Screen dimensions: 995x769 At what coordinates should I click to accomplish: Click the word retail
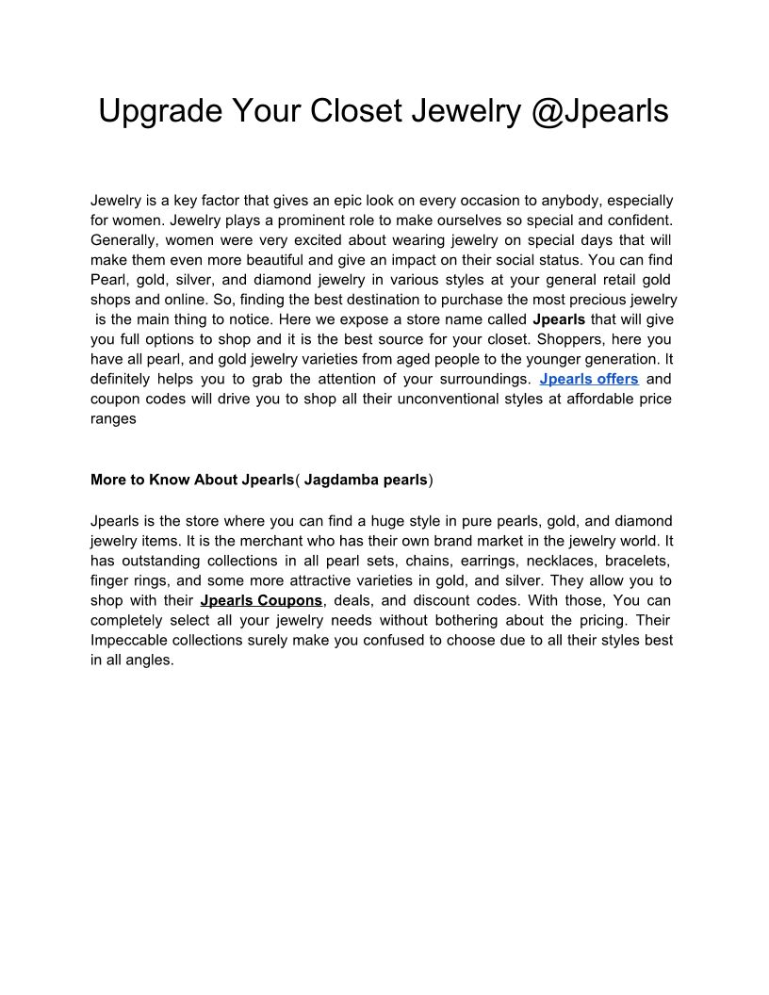pos(608,280)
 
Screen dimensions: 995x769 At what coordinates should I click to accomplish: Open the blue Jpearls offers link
pos(589,379)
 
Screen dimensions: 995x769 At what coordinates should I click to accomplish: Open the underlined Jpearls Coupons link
pos(261,600)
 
